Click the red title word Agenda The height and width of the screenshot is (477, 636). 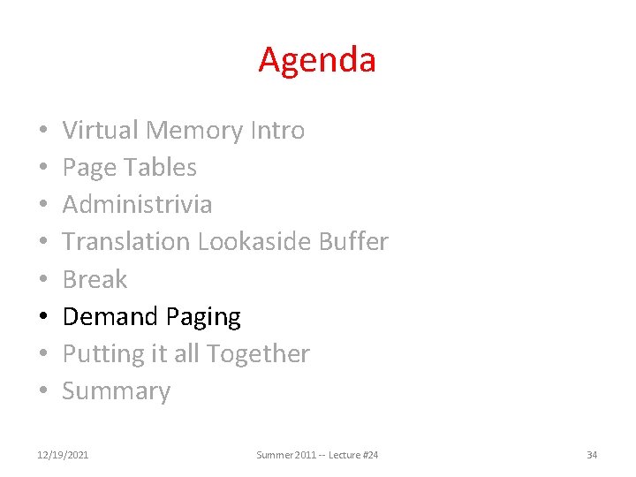317,60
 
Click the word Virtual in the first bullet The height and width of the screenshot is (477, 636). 101,131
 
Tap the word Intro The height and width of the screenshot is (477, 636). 277,131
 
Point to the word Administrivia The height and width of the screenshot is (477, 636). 137,205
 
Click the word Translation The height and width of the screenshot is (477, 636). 126,242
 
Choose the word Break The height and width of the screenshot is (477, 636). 95,280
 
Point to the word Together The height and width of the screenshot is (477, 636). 262,354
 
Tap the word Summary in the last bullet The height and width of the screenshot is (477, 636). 116,391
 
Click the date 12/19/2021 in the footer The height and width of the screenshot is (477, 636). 64,455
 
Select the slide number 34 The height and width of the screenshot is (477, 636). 592,455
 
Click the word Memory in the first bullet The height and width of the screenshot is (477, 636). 194,131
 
